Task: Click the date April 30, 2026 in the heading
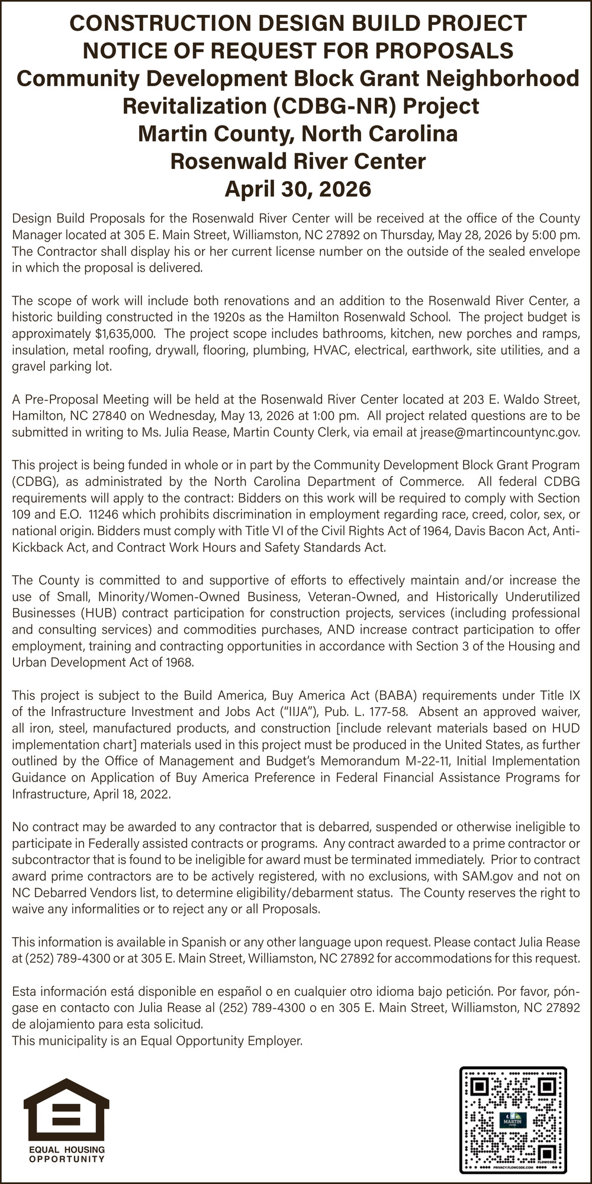pyautogui.click(x=298, y=189)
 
